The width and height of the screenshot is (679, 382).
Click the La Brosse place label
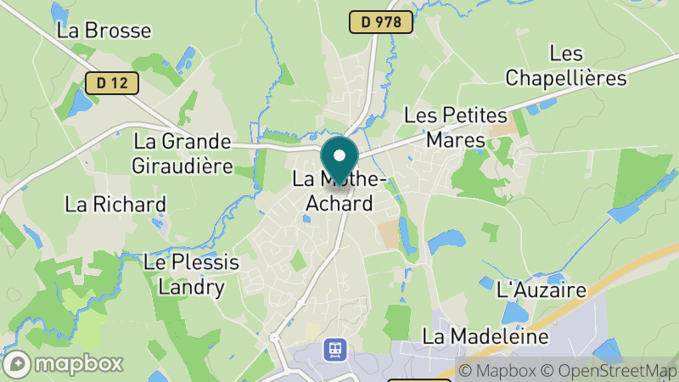(x=104, y=31)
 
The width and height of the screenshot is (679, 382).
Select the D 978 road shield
(x=381, y=23)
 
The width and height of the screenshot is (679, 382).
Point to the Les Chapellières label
(x=565, y=66)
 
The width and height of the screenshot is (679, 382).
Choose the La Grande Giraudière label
(x=182, y=153)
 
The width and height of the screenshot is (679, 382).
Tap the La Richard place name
(x=115, y=205)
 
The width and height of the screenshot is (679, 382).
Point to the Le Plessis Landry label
(x=192, y=274)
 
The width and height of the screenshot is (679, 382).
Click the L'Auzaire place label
(x=542, y=290)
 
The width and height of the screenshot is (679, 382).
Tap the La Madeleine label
(x=485, y=337)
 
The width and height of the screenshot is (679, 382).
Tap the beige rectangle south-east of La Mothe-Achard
(x=388, y=234)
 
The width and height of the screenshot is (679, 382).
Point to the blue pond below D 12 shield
(x=81, y=104)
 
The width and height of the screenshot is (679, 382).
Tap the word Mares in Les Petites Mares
(x=455, y=139)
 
